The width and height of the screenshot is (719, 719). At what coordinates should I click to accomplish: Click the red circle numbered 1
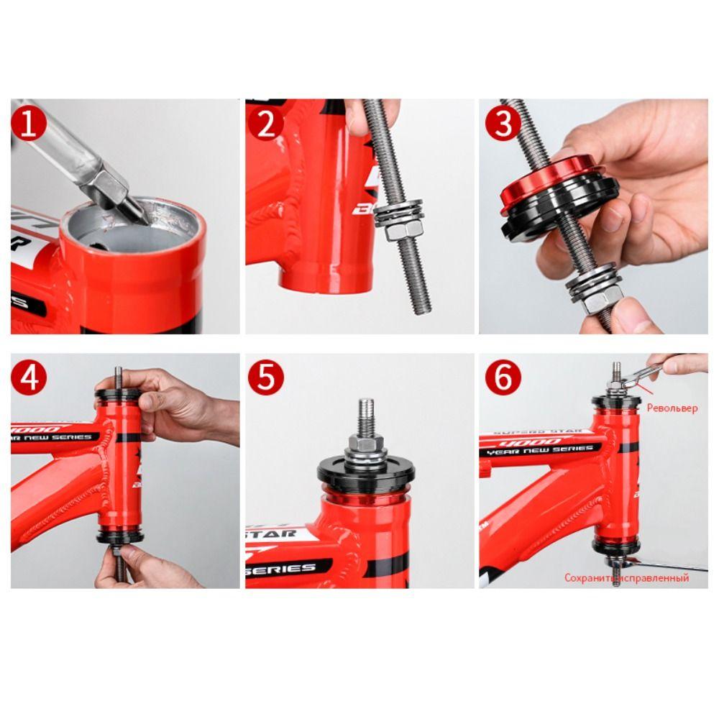point(29,124)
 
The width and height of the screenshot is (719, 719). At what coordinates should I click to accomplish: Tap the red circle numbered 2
point(266,124)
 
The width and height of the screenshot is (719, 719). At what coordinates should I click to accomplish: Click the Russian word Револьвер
point(672,408)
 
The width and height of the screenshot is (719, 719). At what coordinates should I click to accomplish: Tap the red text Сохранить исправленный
point(626,577)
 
